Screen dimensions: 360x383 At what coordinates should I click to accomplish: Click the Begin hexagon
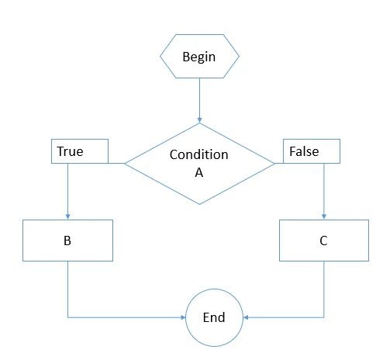click(199, 57)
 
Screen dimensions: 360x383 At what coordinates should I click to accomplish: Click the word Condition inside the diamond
click(199, 154)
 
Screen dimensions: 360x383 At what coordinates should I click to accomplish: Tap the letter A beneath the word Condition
click(199, 172)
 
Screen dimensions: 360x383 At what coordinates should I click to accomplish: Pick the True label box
click(79, 152)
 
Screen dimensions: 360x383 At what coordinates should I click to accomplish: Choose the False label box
click(312, 152)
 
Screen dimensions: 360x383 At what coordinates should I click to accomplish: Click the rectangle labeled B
click(67, 241)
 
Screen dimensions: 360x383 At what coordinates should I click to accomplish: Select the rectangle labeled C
click(323, 241)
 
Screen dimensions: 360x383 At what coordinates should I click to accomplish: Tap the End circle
click(214, 317)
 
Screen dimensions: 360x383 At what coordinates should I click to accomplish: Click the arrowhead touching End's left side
click(182, 317)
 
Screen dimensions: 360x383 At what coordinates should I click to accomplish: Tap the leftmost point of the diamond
click(125, 164)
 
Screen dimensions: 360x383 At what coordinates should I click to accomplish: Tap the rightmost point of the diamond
click(274, 164)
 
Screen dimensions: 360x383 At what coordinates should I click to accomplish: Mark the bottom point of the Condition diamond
click(199, 205)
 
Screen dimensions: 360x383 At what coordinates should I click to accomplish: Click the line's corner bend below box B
click(68, 317)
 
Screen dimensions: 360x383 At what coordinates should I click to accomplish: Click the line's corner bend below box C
click(323, 317)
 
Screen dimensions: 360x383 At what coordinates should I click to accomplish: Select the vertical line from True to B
click(68, 190)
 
